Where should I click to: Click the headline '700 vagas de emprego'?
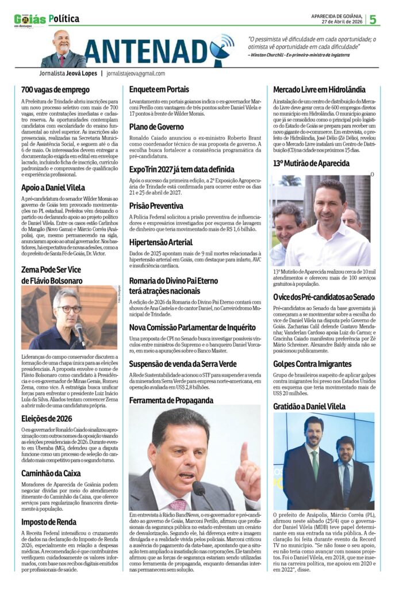(x=55, y=90)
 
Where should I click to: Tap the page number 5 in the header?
(x=373, y=19)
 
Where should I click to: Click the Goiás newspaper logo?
(x=29, y=20)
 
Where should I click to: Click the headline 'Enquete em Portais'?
(x=159, y=90)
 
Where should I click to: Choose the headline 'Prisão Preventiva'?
(x=156, y=206)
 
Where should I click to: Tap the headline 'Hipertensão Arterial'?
(x=161, y=243)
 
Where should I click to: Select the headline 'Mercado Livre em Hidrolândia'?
(x=319, y=90)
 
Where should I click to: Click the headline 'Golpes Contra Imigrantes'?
(x=312, y=364)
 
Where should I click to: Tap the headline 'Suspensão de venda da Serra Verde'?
(x=182, y=364)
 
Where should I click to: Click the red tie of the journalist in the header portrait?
(x=62, y=60)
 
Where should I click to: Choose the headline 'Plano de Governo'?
(x=156, y=127)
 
